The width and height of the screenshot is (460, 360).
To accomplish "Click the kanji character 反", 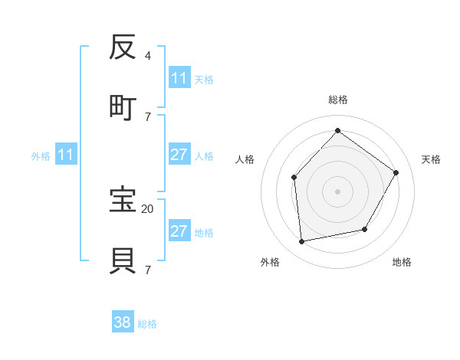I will [x=123, y=50].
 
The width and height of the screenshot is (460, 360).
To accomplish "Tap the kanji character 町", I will [x=123, y=108].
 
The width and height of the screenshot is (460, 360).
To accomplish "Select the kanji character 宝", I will [x=123, y=200].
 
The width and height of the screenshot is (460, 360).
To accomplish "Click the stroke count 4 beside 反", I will [x=147, y=56].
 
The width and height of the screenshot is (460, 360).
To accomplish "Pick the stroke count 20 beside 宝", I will [x=147, y=208].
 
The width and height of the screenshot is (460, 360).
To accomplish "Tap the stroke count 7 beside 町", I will [x=147, y=116].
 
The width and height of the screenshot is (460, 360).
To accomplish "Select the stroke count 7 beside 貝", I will [x=147, y=270].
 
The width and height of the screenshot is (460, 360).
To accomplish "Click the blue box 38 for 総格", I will [x=123, y=322].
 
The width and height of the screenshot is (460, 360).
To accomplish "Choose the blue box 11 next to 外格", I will [x=66, y=155].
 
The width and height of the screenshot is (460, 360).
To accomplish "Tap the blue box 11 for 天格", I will [x=179, y=78].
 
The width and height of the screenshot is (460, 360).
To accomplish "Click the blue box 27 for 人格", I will [x=179, y=155].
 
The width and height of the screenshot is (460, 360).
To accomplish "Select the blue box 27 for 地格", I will [x=179, y=231].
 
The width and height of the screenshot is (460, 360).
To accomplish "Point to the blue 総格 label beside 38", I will [x=147, y=324].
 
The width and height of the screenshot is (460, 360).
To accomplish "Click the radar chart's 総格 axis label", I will [x=337, y=100].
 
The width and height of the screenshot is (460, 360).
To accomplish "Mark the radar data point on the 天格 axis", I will [x=396, y=172].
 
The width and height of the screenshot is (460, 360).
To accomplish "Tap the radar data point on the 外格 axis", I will [x=302, y=242].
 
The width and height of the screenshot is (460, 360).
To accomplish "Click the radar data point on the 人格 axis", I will [x=294, y=178].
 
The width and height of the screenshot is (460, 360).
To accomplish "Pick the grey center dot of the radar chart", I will [x=337, y=191].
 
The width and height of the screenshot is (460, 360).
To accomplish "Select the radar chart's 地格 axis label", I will [x=402, y=263].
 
